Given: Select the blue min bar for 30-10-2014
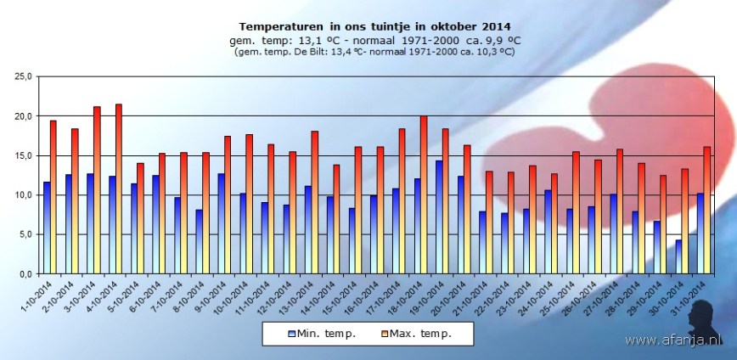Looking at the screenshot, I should tap(678, 256).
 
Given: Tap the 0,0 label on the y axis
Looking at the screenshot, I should tap(25, 274).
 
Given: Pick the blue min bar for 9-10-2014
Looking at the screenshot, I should tap(221, 224).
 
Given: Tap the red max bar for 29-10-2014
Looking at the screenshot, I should tap(664, 225).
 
